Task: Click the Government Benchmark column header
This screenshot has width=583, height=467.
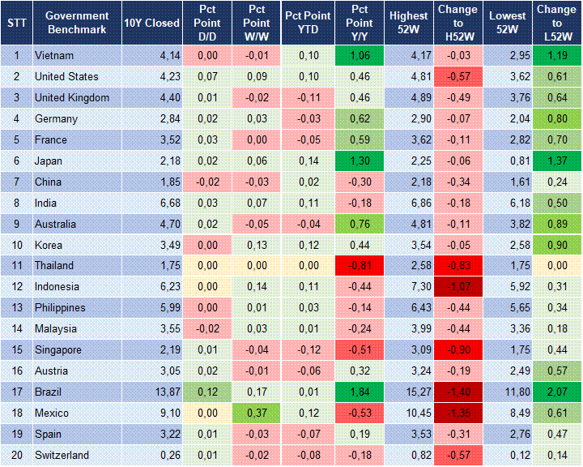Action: (x=77, y=23)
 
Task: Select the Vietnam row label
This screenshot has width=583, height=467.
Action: (x=54, y=55)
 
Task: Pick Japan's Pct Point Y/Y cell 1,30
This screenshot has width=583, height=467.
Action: (x=360, y=161)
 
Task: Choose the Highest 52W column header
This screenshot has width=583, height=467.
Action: (x=408, y=23)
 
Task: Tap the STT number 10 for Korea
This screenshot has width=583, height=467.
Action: (x=16, y=245)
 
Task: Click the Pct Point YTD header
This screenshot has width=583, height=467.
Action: (x=307, y=23)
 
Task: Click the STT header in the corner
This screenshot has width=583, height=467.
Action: (x=16, y=23)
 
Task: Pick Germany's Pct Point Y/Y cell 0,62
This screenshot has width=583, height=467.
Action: (x=360, y=118)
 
